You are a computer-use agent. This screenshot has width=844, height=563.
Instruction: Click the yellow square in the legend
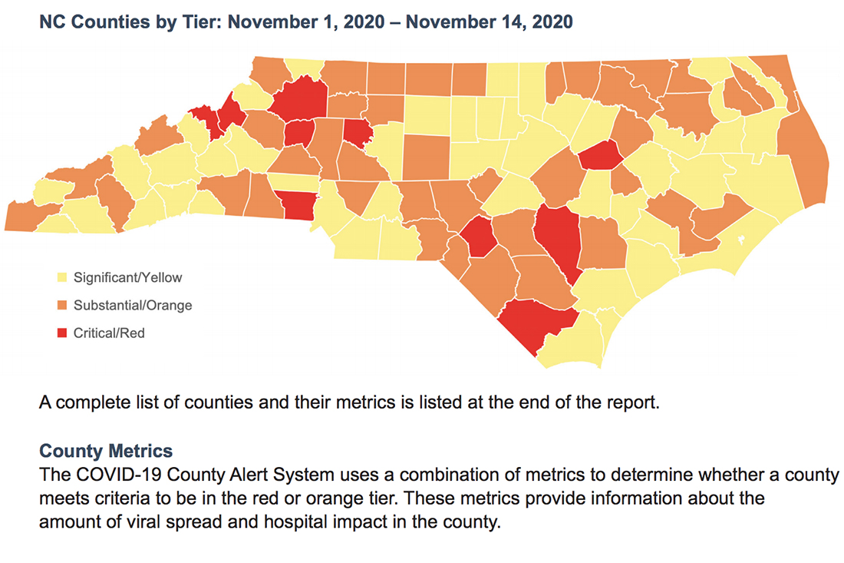(x=64, y=277)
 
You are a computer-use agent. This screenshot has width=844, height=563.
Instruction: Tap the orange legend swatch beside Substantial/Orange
(x=64, y=306)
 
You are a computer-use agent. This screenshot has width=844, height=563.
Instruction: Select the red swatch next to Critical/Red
(x=64, y=333)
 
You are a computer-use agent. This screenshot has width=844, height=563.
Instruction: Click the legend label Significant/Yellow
(x=128, y=277)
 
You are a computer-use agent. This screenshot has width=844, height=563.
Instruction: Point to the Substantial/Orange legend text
(x=133, y=306)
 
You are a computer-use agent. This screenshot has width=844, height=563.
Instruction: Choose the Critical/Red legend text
(x=109, y=333)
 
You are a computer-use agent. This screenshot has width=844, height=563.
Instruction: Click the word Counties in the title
(x=104, y=22)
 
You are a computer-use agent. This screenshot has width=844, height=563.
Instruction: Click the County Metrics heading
(x=106, y=450)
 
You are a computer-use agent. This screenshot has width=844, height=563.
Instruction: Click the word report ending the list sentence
(x=635, y=403)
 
